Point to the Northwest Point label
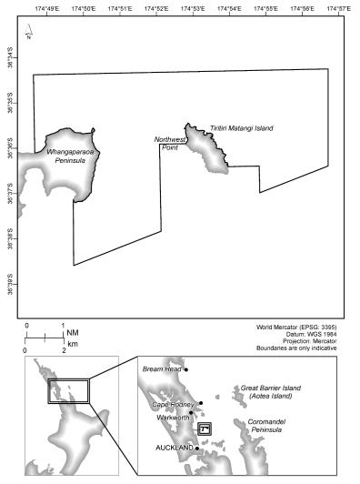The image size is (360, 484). click(169, 143)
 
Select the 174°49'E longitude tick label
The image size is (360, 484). click(44, 7)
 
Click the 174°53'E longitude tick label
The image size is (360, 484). click(192, 7)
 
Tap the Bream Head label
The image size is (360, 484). click(162, 369)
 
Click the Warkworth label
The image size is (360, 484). click(169, 418)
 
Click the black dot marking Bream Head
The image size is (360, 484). click(185, 369)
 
